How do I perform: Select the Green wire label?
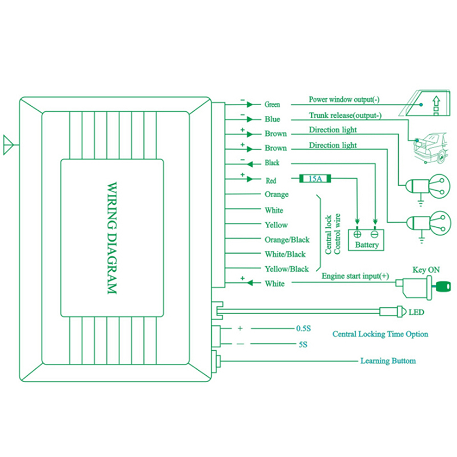pyautogui.click(x=272, y=105)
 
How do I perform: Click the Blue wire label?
pyautogui.click(x=272, y=119)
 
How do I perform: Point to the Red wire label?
pyautogui.click(x=271, y=181)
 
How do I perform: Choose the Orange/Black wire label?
pyautogui.click(x=287, y=240)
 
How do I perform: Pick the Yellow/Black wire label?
pyautogui.click(x=287, y=269)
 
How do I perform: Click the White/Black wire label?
pyautogui.click(x=285, y=254)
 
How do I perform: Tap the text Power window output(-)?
pyautogui.click(x=344, y=100)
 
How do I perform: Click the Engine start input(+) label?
pyautogui.click(x=355, y=276)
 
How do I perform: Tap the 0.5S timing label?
pyautogui.click(x=303, y=329)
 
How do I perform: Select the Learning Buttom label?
pyautogui.click(x=388, y=361)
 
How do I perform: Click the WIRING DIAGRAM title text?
pyautogui.click(x=111, y=238)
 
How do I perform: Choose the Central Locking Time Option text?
pyautogui.click(x=380, y=334)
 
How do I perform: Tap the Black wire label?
pyautogui.click(x=272, y=163)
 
